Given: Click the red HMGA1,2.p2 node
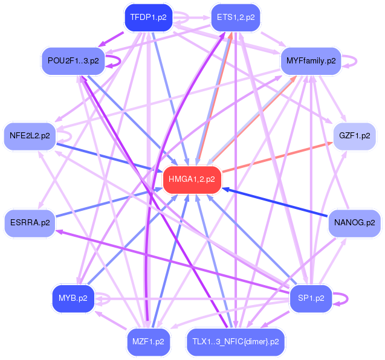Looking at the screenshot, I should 192,179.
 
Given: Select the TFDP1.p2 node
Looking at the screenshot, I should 147,18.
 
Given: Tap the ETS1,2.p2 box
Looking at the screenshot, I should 236,18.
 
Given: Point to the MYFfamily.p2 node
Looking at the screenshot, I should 311,61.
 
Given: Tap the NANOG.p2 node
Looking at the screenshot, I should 355,223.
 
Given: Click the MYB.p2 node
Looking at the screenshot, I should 73,298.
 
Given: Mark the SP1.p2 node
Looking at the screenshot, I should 311,298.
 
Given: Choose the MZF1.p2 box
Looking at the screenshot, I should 147,341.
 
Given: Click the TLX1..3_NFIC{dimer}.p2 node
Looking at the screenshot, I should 236,341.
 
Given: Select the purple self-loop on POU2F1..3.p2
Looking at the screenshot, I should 119,60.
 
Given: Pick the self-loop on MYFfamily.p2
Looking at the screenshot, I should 357,61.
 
